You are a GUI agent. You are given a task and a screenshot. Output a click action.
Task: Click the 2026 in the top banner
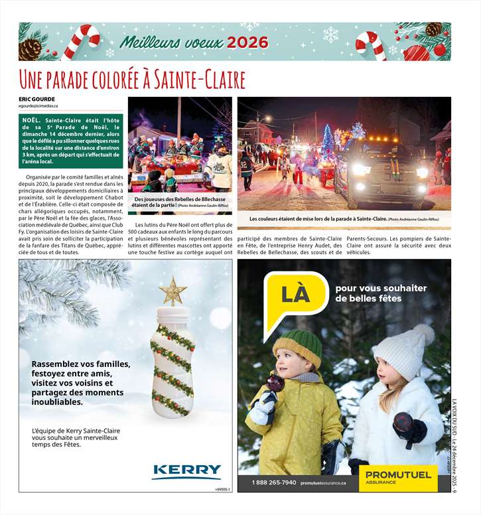(x=247, y=42)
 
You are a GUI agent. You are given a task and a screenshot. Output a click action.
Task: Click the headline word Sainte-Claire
(x=200, y=80)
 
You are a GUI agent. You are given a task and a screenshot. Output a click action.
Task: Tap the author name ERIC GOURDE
(x=37, y=100)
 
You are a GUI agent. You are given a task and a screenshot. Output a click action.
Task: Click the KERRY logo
(x=186, y=471)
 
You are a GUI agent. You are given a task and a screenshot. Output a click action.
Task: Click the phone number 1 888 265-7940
(x=273, y=482)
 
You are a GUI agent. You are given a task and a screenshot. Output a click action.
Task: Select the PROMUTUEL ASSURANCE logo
(x=398, y=477)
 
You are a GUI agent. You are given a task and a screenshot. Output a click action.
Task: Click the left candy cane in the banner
(x=86, y=41)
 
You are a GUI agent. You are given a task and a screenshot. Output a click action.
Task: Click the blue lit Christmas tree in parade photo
(x=328, y=139)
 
